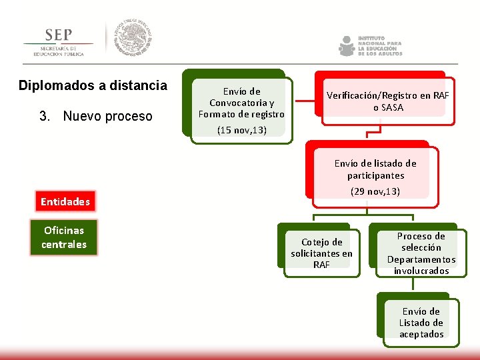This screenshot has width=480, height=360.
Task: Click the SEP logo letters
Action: pyautogui.click(x=59, y=35)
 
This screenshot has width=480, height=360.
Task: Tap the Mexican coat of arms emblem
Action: pyautogui.click(x=132, y=38)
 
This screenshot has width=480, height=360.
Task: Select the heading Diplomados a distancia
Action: pyautogui.click(x=93, y=85)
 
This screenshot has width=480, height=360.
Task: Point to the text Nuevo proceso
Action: pyautogui.click(x=107, y=116)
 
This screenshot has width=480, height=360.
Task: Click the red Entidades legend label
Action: pyautogui.click(x=65, y=201)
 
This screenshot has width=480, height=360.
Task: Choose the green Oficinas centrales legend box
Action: pyautogui.click(x=64, y=237)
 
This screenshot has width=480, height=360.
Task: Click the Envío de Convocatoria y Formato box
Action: pyautogui.click(x=241, y=103)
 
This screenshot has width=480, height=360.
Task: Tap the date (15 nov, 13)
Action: pyautogui.click(x=241, y=130)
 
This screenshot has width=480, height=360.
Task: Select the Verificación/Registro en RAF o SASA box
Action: pyautogui.click(x=387, y=101)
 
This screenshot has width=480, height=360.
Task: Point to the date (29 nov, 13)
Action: pyautogui.click(x=375, y=191)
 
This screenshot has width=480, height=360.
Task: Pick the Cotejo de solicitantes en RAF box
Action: pyautogui.click(x=321, y=253)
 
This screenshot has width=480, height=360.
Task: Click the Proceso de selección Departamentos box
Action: pyautogui.click(x=421, y=253)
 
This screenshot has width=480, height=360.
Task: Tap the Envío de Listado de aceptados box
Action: pyautogui.click(x=421, y=323)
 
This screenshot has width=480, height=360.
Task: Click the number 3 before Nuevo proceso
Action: pyautogui.click(x=43, y=116)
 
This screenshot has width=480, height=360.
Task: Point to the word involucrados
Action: pyautogui.click(x=421, y=271)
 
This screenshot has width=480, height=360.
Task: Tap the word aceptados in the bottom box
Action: pyautogui.click(x=421, y=334)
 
